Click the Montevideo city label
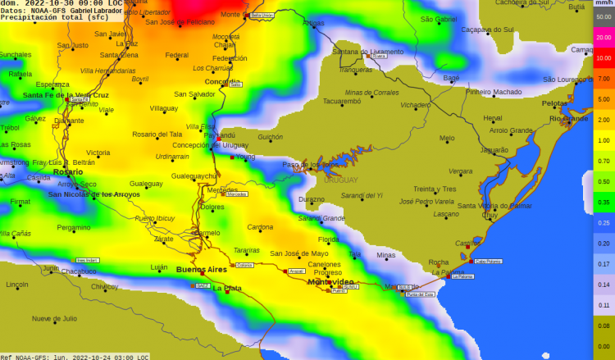click(330, 282)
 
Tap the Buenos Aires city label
click(202, 269)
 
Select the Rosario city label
click(67, 171)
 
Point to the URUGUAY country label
click(341, 180)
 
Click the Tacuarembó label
click(342, 102)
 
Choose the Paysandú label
click(221, 135)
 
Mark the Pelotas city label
click(554, 103)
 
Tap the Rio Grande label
click(568, 119)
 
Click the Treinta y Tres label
click(434, 189)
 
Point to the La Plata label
click(227, 288)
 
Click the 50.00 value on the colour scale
click(604, 16)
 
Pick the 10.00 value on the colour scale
click(604, 58)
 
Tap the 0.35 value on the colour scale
click(604, 202)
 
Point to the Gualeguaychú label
click(194, 176)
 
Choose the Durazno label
click(312, 199)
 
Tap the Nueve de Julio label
click(54, 318)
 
